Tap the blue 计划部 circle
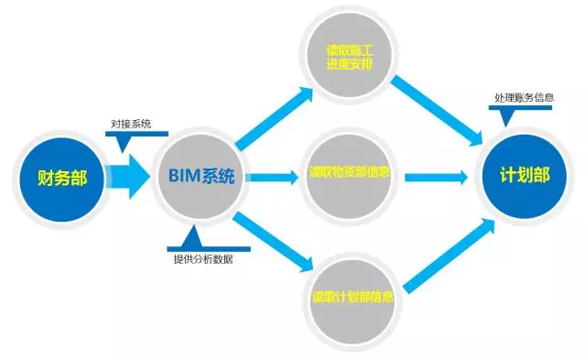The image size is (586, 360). [x=524, y=177]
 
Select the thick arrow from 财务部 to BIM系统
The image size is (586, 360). [x=125, y=177]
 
